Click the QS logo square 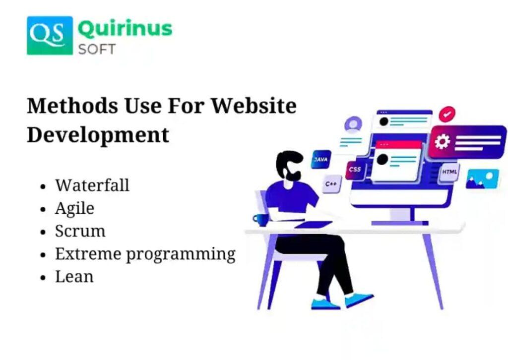pyautogui.click(x=50, y=36)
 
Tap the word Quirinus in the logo pyautogui.click(x=125, y=29)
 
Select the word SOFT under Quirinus pyautogui.click(x=97, y=49)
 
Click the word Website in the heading pyautogui.click(x=254, y=106)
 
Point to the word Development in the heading pyautogui.click(x=98, y=135)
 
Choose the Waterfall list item pyautogui.click(x=92, y=185)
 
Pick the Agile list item pyautogui.click(x=75, y=208)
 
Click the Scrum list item pyautogui.click(x=80, y=231)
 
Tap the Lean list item pyautogui.click(x=74, y=277)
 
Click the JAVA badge pyautogui.click(x=321, y=159)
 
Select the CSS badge pyautogui.click(x=355, y=169)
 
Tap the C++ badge pyautogui.click(x=331, y=184)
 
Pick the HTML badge pyautogui.click(x=449, y=172)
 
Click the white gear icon pyautogui.click(x=442, y=141)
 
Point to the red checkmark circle pyautogui.click(x=447, y=114)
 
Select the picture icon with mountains pyautogui.click(x=482, y=179)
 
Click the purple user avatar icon pyautogui.click(x=353, y=124)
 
